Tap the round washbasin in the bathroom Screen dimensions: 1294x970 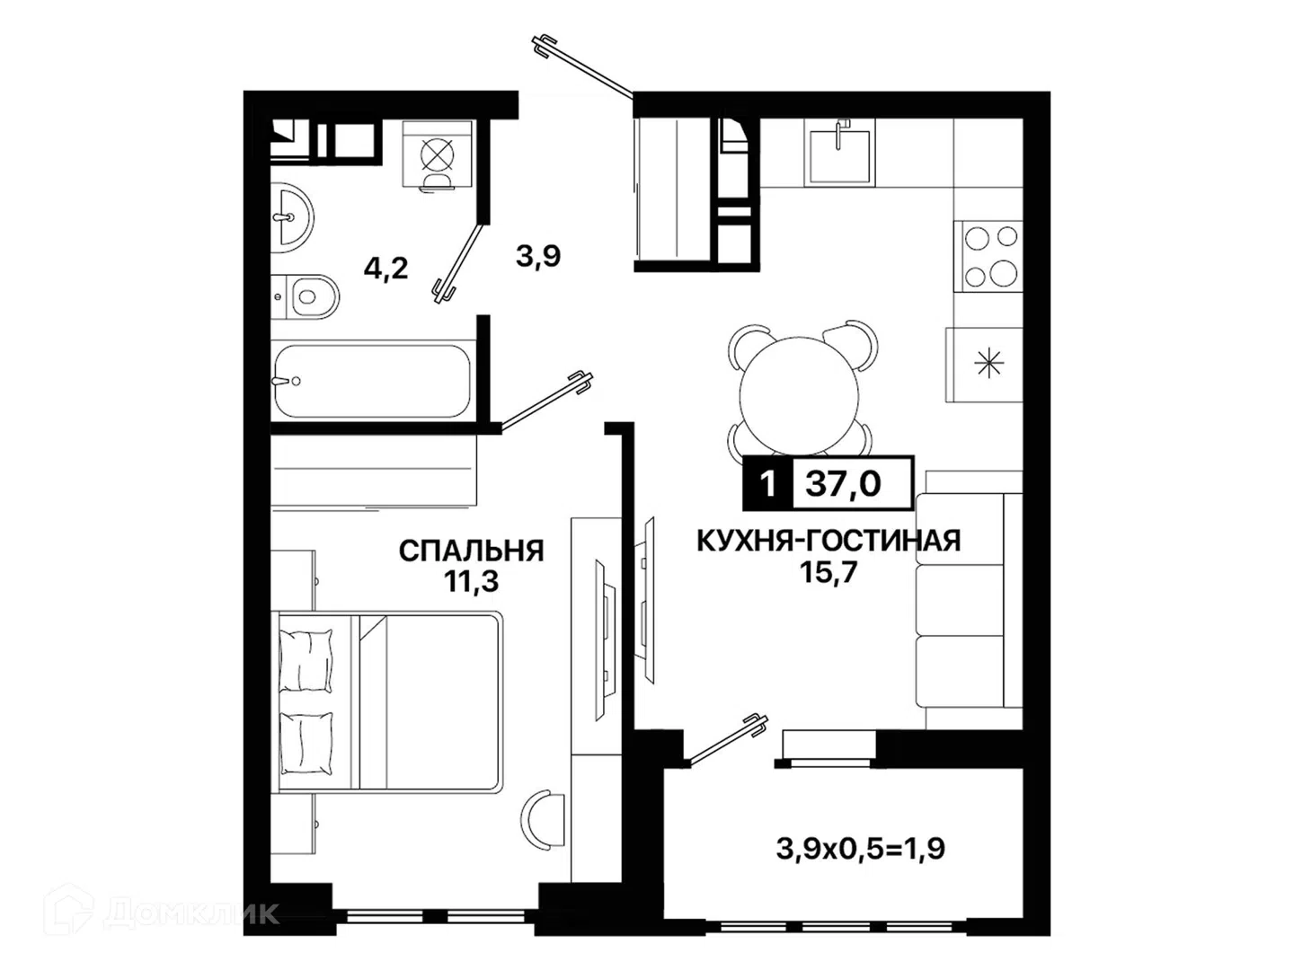point(291,217)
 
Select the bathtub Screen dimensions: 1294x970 point(373,381)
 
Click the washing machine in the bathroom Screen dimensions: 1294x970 point(438,154)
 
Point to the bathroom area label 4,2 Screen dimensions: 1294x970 point(386,269)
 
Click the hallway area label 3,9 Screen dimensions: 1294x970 point(538,256)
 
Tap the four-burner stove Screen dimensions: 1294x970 point(988,256)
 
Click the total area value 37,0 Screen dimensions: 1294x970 point(843,483)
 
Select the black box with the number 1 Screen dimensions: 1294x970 point(767,483)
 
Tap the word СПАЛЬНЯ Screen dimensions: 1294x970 point(471,551)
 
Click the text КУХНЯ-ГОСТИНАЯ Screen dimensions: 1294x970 point(829,541)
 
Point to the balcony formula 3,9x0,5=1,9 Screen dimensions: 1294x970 point(860,850)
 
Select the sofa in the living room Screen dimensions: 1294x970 point(970,600)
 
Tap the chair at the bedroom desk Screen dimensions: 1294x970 point(544,819)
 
